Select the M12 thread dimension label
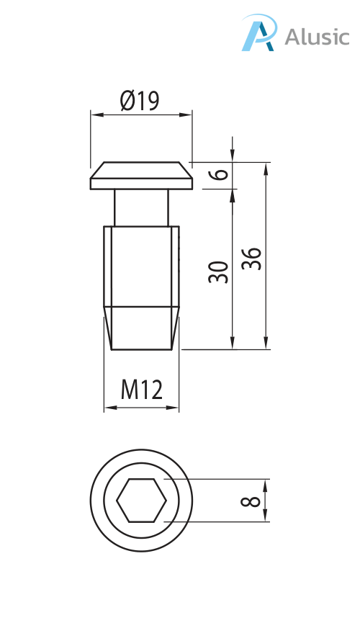click(x=141, y=390)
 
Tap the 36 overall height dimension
click(x=251, y=259)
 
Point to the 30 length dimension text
click(x=218, y=272)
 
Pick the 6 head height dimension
click(x=220, y=174)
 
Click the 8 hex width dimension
click(x=250, y=500)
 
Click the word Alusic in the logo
click(x=316, y=37)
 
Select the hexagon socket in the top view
click(x=141, y=500)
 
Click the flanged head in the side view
click(x=141, y=176)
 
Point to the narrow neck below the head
click(x=141, y=207)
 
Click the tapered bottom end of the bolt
click(x=141, y=328)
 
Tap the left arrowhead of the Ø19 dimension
click(x=94, y=114)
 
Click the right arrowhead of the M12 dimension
click(x=174, y=408)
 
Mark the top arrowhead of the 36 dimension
click(x=266, y=167)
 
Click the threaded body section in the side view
click(x=141, y=266)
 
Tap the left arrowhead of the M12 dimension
click(x=109, y=408)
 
